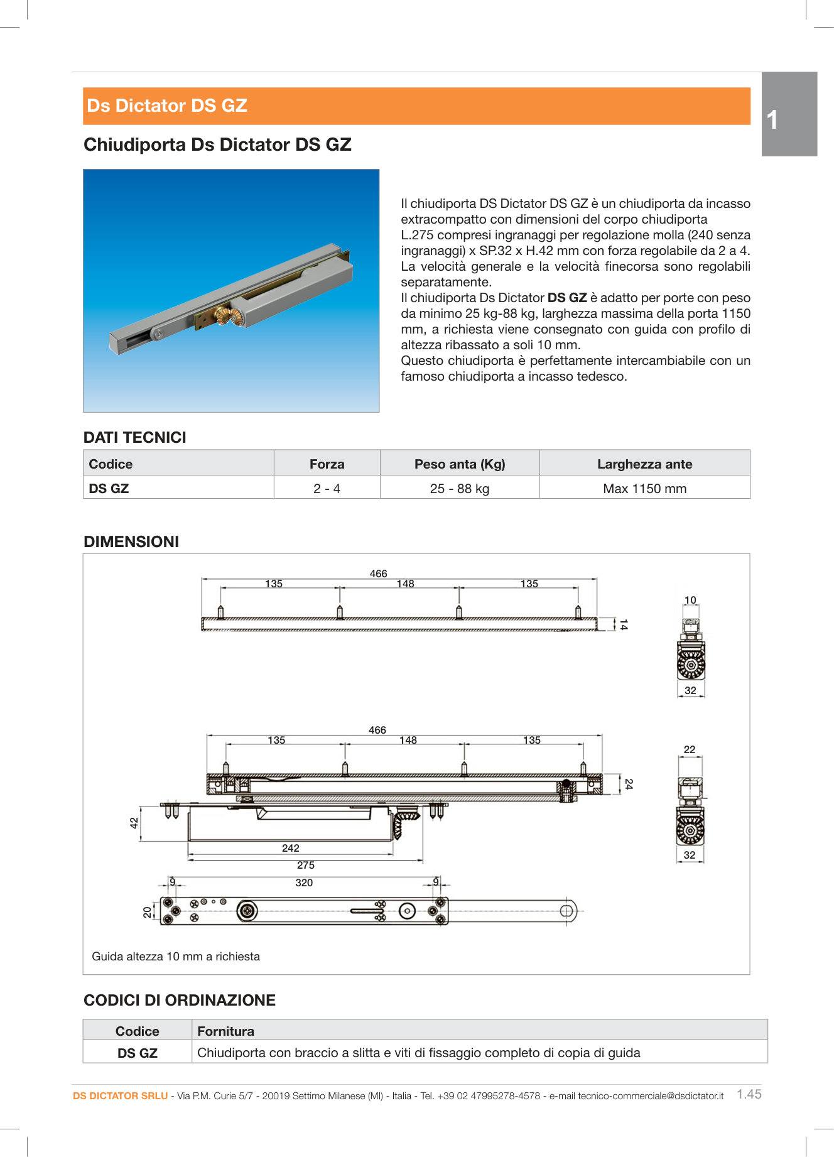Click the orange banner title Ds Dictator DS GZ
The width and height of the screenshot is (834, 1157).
point(167,106)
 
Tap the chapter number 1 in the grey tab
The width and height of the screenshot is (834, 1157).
point(772,119)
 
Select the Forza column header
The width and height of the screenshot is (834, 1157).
point(327,464)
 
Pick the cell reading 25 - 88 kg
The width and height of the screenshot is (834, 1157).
point(459,489)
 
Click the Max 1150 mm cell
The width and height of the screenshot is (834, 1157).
point(644,489)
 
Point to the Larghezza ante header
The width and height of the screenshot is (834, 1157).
point(644,464)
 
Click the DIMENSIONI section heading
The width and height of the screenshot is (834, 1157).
point(131,541)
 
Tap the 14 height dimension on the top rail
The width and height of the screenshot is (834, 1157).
point(623,624)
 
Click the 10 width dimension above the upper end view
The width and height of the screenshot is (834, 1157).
point(690,600)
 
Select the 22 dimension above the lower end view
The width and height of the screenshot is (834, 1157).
point(690,749)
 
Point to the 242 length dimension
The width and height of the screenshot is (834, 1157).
point(290,848)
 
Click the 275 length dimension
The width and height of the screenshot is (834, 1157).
point(305,865)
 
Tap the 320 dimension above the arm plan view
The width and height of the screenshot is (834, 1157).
point(304,883)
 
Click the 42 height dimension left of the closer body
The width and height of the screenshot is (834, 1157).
point(134,823)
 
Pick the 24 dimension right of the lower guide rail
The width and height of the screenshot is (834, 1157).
point(629,784)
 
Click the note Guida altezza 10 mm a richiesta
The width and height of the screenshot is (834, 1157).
point(176,957)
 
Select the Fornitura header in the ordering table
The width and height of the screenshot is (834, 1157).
point(225,1031)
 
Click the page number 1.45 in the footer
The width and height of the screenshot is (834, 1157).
point(749,1094)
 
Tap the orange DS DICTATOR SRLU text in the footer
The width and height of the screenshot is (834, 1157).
point(120,1095)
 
